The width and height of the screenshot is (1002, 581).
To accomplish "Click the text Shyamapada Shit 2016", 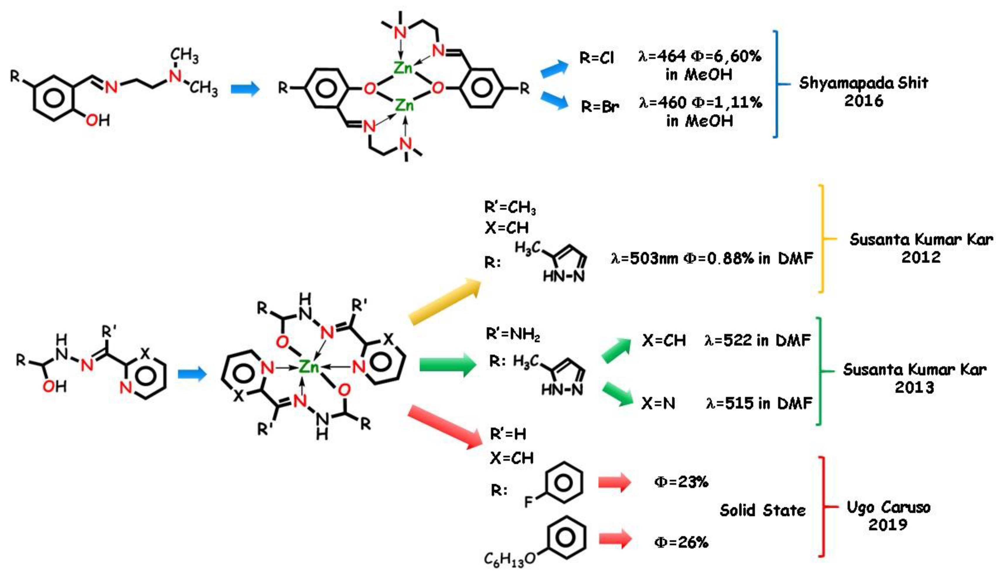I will [864, 92].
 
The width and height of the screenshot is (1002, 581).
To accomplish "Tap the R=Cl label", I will [597, 58].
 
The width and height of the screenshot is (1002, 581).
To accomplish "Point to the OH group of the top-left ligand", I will [97, 120].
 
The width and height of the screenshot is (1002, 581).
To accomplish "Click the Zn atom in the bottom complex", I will [309, 367].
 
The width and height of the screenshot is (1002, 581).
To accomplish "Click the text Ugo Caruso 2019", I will [888, 516].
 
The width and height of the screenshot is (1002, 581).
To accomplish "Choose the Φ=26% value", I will [681, 542].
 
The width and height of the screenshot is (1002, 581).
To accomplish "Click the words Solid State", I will [762, 510].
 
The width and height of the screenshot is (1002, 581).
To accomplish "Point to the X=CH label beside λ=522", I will [664, 341].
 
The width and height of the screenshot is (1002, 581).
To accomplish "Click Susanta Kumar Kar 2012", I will [921, 248].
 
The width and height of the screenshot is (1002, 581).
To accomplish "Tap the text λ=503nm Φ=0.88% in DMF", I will [712, 259].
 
